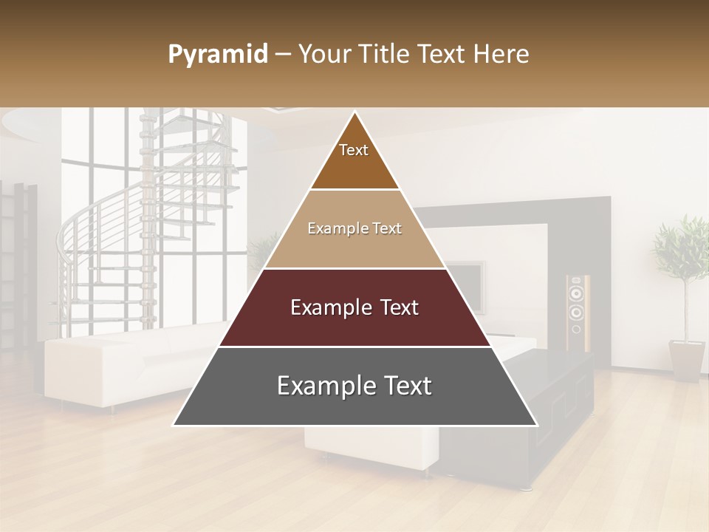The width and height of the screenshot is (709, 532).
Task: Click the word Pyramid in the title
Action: [x=217, y=55]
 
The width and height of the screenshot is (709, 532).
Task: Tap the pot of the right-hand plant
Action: [x=687, y=359]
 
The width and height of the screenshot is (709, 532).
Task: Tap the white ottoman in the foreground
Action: [x=369, y=447]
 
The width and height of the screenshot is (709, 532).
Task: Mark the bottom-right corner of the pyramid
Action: [x=537, y=425]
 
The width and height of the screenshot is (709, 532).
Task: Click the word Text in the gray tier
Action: [x=403, y=386]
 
